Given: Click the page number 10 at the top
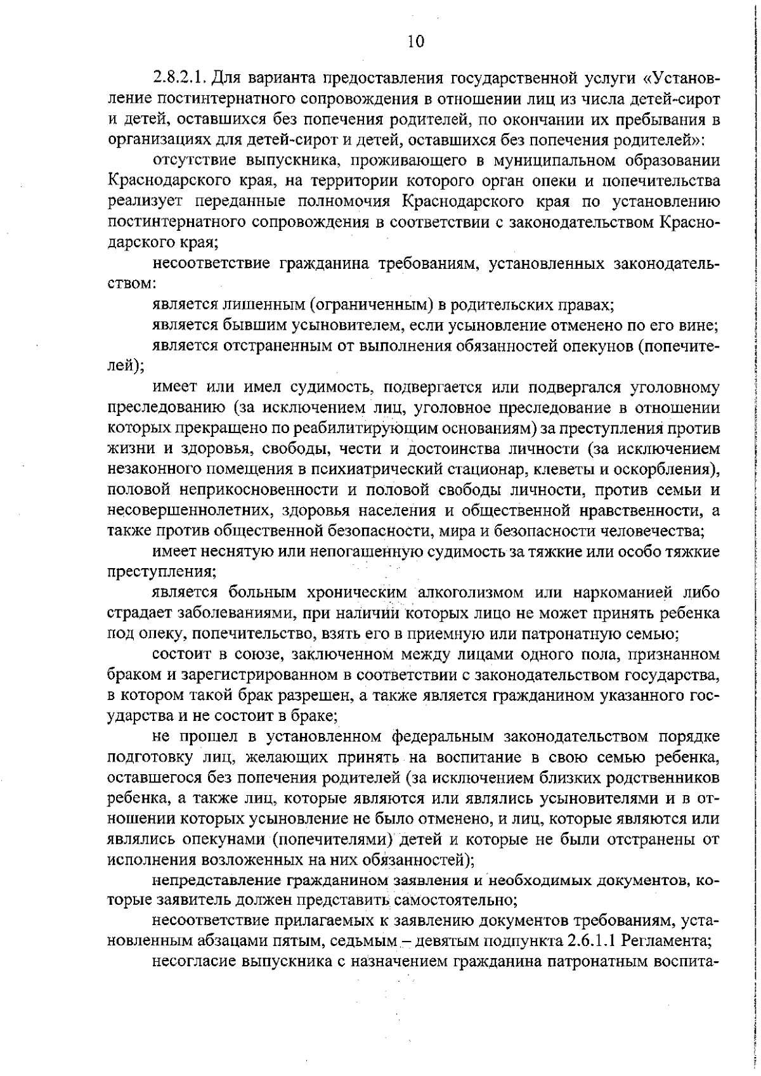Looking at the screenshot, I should tap(415, 42).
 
